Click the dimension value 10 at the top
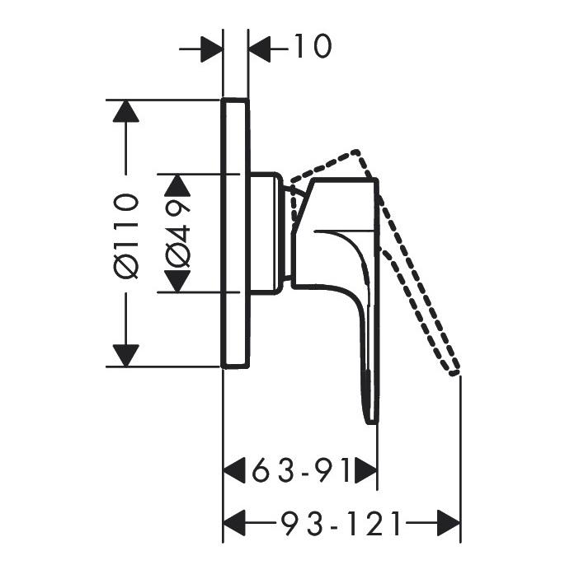click(313, 46)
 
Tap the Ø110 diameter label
click(127, 236)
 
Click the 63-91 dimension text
click(300, 470)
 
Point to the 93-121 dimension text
click(340, 523)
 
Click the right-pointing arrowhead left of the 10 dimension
click(211, 49)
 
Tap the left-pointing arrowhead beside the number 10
click(260, 49)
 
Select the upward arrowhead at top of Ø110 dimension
click(126, 111)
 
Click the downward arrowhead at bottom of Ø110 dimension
click(126, 356)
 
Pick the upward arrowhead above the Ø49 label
click(177, 185)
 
